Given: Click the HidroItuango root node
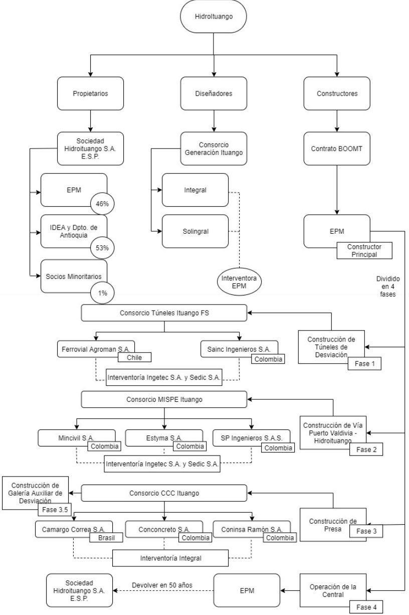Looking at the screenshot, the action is tap(213, 17).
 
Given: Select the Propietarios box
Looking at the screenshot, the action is tap(90, 93).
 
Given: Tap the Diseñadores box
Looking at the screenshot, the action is tap(214, 93).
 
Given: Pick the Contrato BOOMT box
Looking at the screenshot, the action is tap(337, 148).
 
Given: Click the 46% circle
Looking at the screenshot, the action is tap(102, 204).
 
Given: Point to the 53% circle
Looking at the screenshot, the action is tap(102, 248).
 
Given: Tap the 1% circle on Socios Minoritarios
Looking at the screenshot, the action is tap(102, 293).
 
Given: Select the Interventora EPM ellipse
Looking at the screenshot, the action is tap(239, 282).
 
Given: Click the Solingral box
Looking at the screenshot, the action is tap(195, 231).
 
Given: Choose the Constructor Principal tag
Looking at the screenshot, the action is tap(364, 250).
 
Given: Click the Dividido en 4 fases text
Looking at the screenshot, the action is tap(387, 286).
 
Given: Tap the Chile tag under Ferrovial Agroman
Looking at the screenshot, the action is tap(134, 357).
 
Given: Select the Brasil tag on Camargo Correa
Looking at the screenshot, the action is tap(106, 537).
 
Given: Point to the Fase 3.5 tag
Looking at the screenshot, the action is tap(55, 509).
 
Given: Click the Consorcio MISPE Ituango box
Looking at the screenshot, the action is tap(164, 399).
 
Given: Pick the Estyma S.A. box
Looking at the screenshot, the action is tap(164, 437).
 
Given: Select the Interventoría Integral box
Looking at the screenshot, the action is tap(170, 558).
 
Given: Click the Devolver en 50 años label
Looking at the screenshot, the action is tap(162, 585).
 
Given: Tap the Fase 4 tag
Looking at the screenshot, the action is tap(366, 607).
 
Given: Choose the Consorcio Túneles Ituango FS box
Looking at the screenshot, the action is tap(164, 313).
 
